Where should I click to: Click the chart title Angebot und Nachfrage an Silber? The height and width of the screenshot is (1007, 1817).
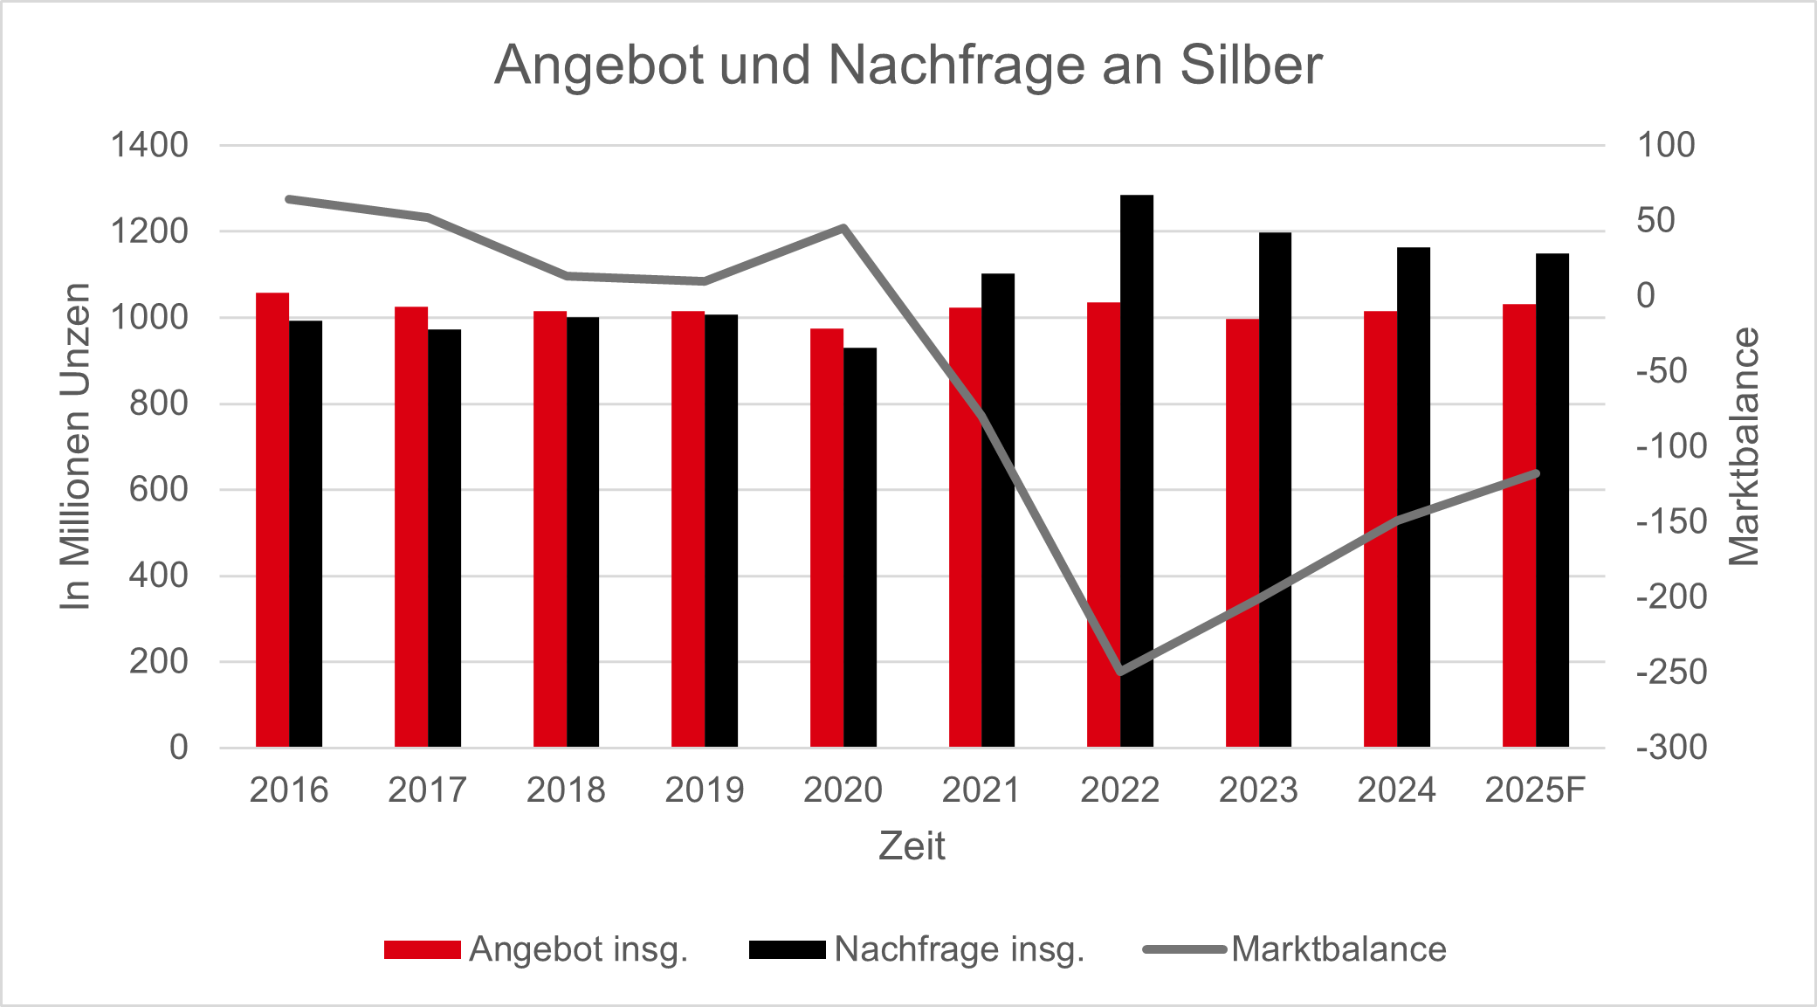tap(908, 65)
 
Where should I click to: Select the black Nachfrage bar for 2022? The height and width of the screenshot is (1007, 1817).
tap(1137, 472)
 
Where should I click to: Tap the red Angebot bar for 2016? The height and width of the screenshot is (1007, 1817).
tap(272, 521)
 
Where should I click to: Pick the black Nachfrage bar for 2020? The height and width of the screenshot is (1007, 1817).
tap(860, 548)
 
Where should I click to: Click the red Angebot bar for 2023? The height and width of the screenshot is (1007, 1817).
tap(1242, 533)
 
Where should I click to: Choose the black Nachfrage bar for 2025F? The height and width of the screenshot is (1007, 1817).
tap(1552, 500)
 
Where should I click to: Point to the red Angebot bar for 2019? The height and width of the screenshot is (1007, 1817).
tap(688, 529)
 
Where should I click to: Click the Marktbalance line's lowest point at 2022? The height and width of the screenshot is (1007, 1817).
tap(1120, 672)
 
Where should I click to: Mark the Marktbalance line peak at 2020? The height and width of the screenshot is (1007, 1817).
tap(843, 228)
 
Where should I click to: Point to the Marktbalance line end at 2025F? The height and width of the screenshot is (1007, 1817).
tap(1536, 473)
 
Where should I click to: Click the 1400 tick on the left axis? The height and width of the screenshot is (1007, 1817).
tap(149, 145)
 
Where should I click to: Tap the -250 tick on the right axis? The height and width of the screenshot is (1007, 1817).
tap(1671, 672)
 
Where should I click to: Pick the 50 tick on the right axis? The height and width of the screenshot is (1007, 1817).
tap(1656, 220)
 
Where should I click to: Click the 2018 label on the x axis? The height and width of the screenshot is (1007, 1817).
tap(566, 790)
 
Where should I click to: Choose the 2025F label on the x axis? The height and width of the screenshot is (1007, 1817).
tap(1535, 790)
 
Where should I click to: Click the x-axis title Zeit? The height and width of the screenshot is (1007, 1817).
tap(912, 845)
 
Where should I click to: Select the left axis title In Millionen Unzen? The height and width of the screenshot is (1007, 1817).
tap(76, 446)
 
